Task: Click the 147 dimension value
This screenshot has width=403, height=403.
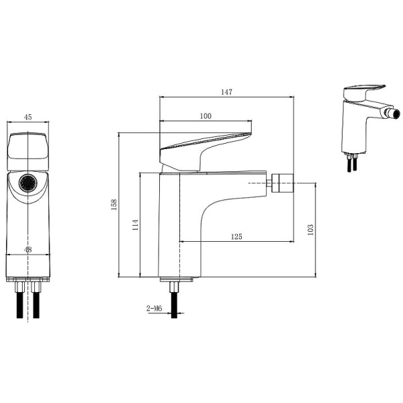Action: click(x=226, y=92)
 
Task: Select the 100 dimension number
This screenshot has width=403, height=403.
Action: click(x=206, y=116)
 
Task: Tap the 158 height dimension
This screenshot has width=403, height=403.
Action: click(x=114, y=205)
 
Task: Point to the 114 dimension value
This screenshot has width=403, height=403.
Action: click(x=136, y=224)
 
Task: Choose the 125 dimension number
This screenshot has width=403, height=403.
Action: click(x=236, y=236)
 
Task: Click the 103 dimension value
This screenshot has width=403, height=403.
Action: click(x=310, y=230)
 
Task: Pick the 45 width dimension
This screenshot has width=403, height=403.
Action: click(x=28, y=117)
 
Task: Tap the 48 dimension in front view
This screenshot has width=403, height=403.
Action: click(x=28, y=250)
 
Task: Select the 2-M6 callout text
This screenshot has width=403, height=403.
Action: click(x=154, y=308)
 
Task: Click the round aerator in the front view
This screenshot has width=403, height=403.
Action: click(x=28, y=183)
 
